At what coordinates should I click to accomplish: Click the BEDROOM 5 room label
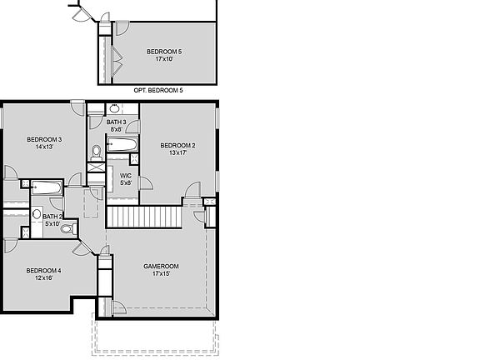point(164,52)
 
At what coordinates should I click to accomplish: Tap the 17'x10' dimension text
point(164,59)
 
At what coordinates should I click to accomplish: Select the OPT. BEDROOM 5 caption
point(158,90)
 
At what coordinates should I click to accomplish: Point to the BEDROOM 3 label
point(44,140)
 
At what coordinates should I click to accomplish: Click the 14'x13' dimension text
point(44,147)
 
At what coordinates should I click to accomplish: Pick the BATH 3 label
point(117,122)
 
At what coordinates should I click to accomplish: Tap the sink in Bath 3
point(114,108)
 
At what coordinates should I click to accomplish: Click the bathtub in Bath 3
point(122,144)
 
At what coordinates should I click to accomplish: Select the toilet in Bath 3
point(97,152)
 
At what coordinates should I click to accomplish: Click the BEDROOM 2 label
point(177,145)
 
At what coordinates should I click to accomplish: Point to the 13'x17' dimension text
point(177,152)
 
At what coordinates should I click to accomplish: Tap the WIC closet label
point(126,176)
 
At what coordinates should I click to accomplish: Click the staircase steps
point(144,217)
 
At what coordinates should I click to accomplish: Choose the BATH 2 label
point(52,217)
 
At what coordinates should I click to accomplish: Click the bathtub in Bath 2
point(47,187)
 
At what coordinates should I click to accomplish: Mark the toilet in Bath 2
point(68,228)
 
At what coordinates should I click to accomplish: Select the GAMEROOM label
point(161,267)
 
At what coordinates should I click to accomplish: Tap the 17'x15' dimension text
point(161,273)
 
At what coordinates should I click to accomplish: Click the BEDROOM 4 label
point(44,271)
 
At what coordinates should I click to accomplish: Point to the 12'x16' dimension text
point(44,278)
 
